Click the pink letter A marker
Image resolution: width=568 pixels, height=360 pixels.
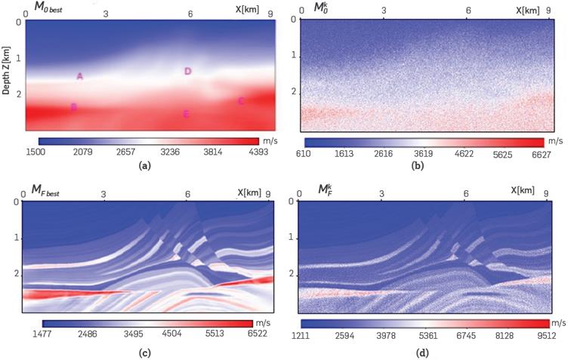click(80, 76)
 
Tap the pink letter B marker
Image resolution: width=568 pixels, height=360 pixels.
click(73, 107)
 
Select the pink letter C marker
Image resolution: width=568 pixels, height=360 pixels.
click(241, 101)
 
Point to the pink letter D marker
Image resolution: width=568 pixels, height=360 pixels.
click(187, 72)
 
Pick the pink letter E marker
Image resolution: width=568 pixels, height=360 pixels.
click(186, 114)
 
